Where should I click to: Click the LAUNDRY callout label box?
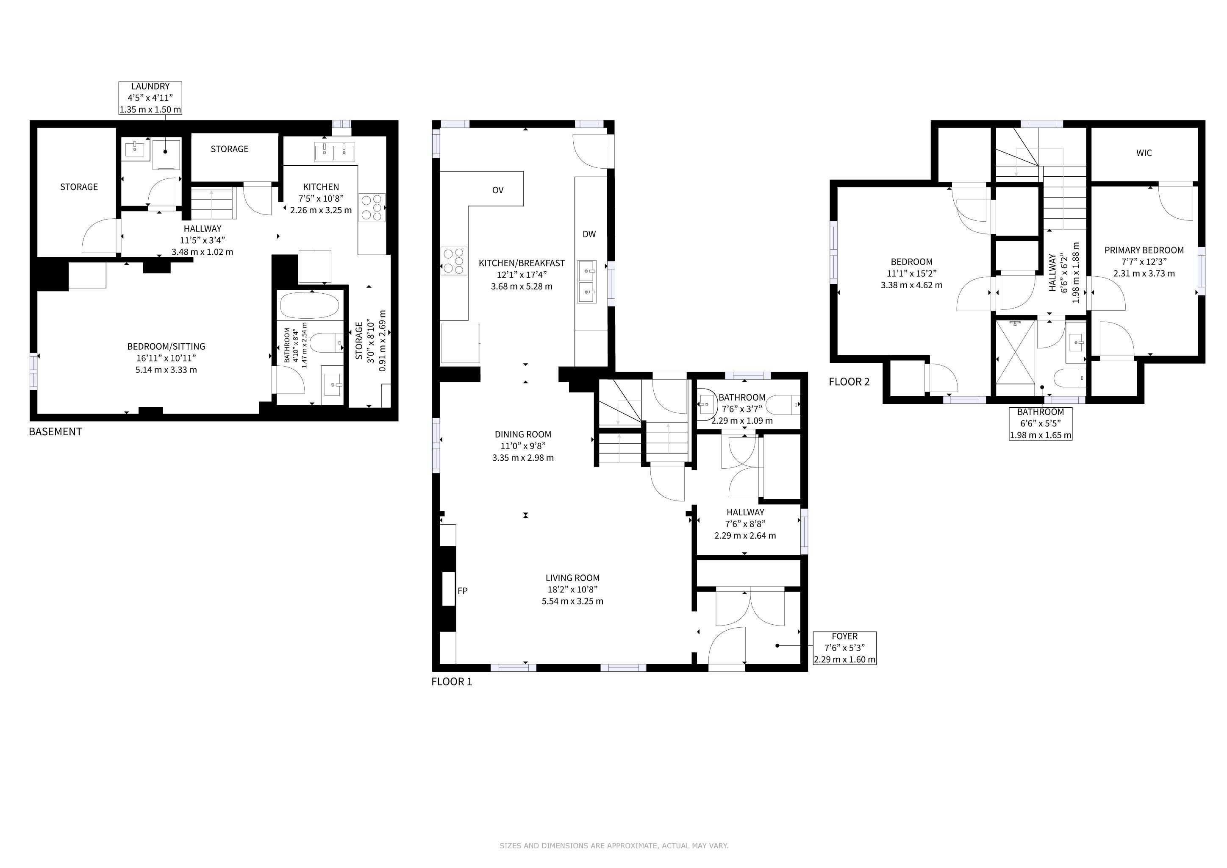150,98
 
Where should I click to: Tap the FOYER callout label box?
844,648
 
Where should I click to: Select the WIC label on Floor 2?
1144,153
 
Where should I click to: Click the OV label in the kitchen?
497,190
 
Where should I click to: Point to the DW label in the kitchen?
589,234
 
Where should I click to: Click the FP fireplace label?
463,590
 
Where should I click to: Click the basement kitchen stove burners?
372,207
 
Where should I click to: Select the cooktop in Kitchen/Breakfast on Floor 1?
454,261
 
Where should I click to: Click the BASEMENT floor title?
55,432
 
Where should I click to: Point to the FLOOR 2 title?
849,381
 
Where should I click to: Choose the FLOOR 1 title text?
452,682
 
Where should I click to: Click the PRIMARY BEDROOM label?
1144,250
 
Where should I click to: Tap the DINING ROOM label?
523,434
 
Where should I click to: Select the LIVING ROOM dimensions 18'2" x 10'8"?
572,590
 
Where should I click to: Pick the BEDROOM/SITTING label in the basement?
166,346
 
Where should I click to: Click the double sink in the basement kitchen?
335,152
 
